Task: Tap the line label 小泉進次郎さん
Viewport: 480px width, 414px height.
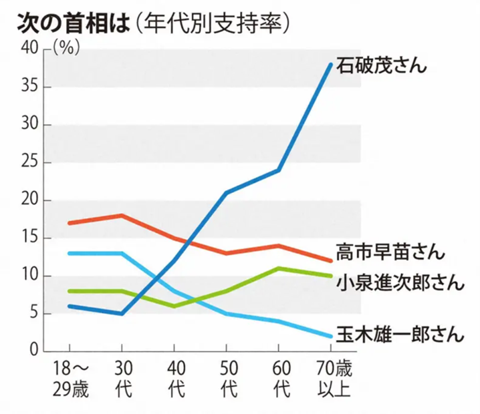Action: [x=400, y=282]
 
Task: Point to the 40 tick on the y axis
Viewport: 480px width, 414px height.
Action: [x=31, y=49]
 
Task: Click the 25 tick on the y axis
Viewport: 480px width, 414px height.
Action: [x=31, y=163]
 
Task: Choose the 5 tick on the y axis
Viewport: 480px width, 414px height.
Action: [x=36, y=314]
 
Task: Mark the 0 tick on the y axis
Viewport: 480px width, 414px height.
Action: [x=36, y=351]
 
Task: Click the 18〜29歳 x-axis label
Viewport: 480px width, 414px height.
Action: [x=69, y=379]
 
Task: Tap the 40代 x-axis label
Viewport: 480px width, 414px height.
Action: [x=174, y=379]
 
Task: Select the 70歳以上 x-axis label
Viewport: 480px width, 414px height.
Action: [x=331, y=379]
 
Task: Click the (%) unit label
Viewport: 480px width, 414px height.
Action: [x=65, y=49]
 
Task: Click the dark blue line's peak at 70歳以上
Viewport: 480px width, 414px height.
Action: [x=331, y=64]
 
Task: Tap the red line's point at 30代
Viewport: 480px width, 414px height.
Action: [x=122, y=215]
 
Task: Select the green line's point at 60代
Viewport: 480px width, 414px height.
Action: [x=278, y=268]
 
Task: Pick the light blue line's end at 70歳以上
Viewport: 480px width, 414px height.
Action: [x=331, y=336]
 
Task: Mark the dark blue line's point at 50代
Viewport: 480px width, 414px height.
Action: [x=226, y=193]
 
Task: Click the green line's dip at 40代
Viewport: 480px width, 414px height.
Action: [x=174, y=306]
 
